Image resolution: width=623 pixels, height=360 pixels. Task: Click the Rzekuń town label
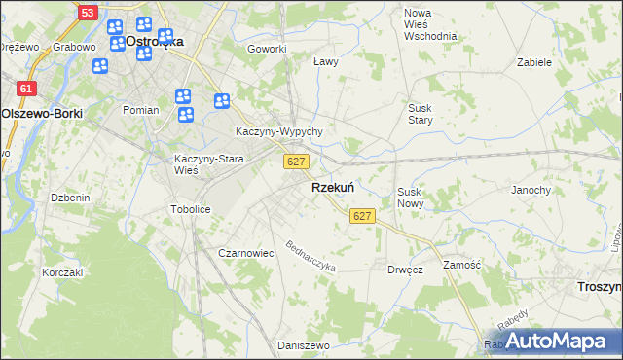pyautogui.click(x=332, y=187)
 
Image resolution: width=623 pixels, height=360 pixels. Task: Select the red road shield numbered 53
pyautogui.click(x=87, y=13)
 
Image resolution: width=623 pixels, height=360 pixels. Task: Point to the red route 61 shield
pyautogui.click(x=26, y=89)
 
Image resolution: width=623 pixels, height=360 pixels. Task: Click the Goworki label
pyautogui.click(x=267, y=49)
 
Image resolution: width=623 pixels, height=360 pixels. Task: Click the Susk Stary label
pyautogui.click(x=420, y=114)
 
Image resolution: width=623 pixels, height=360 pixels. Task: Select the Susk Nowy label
pyautogui.click(x=409, y=198)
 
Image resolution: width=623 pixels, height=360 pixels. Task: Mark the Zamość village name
pyautogui.click(x=461, y=265)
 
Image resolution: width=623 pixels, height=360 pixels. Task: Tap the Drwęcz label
pyautogui.click(x=404, y=269)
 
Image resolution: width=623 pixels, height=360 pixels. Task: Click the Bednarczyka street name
pyautogui.click(x=310, y=255)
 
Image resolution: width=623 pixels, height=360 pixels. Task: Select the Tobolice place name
pyautogui.click(x=191, y=209)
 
